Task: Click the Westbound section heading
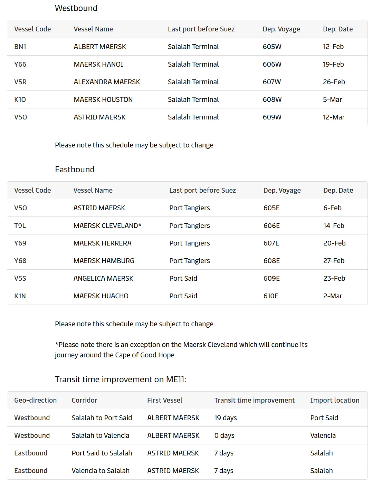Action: [x=76, y=8]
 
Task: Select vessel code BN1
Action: [x=20, y=47]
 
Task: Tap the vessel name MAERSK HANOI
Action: [x=98, y=64]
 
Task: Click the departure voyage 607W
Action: [x=272, y=82]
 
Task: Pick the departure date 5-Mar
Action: [x=332, y=99]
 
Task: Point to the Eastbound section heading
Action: [x=75, y=169]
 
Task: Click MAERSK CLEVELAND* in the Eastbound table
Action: [x=107, y=225]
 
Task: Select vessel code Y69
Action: [x=20, y=243]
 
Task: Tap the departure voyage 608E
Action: [x=271, y=261]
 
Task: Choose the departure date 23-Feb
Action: [x=334, y=278]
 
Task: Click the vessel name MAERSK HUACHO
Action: [x=101, y=296]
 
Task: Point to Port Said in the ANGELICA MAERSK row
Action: [x=183, y=278]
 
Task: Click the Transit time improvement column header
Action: [x=254, y=400]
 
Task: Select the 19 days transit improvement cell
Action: [x=226, y=418]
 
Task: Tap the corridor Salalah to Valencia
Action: [x=100, y=435]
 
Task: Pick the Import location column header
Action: [x=335, y=400]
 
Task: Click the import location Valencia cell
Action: [x=323, y=435]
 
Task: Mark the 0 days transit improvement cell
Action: [x=224, y=435]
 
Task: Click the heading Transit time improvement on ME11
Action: [x=121, y=379]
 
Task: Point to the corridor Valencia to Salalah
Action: [x=101, y=471]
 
